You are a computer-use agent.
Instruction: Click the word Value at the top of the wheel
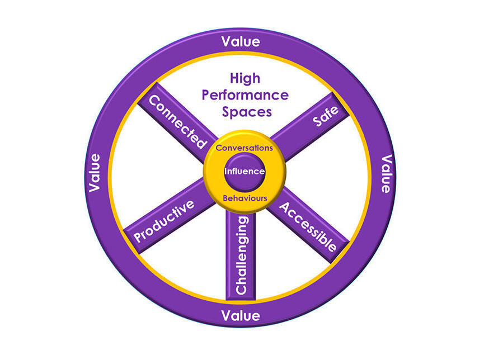tap(241, 41)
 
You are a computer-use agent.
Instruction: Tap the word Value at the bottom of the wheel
tap(241, 316)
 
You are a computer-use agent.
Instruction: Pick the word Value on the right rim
tap(385, 174)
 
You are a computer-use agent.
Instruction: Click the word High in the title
tap(245, 79)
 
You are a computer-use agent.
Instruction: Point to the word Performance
tap(245, 95)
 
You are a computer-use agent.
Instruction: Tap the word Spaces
tap(246, 111)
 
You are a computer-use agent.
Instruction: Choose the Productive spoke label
tap(165, 221)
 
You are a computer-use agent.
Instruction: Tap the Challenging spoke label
tap(242, 255)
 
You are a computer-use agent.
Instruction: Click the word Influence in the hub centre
tap(245, 172)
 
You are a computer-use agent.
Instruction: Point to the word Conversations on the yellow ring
tap(245, 148)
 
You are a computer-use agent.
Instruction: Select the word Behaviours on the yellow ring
tap(245, 198)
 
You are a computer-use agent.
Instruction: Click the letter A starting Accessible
tap(284, 207)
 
